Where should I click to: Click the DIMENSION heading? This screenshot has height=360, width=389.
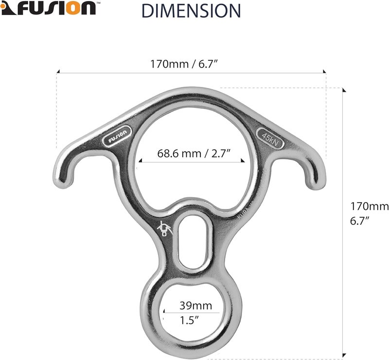coord(191,10)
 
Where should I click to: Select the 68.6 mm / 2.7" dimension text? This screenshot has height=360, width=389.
coord(194,154)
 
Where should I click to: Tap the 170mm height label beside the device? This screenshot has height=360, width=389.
coord(370,206)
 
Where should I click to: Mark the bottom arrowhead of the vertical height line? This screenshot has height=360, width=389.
coord(344,357)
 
